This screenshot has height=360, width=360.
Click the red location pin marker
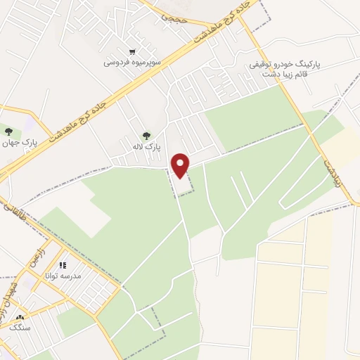181,165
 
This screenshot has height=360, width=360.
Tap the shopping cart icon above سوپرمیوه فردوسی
132,52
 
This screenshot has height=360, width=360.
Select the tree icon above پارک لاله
146,136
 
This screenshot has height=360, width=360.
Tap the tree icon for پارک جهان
8,131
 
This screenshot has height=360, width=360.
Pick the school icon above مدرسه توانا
63,266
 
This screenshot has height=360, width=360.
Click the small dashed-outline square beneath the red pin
184,185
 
